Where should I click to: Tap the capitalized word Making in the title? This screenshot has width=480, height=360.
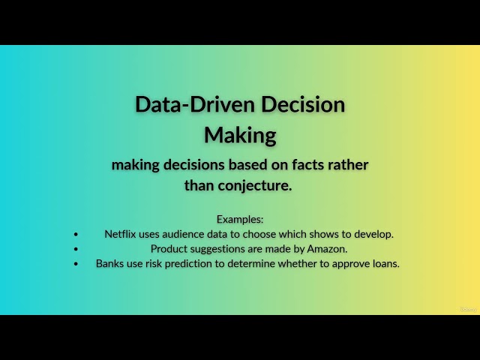click(240, 135)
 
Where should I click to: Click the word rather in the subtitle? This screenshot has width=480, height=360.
click(348, 164)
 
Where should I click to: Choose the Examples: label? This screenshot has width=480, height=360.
click(240, 219)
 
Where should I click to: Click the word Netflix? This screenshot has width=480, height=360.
click(119, 234)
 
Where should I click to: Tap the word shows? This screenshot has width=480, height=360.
click(322, 234)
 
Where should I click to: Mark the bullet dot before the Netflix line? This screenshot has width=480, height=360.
click(76, 234)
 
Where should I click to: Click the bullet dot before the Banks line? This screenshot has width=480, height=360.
click(76, 263)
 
